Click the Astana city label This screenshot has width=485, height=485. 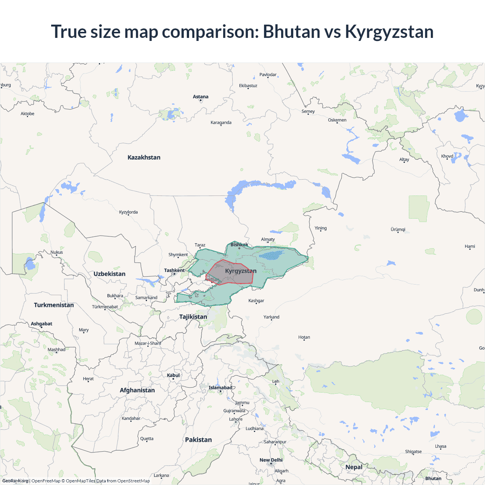(200, 97)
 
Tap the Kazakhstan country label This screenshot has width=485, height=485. (144, 157)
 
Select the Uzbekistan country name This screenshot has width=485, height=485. (110, 274)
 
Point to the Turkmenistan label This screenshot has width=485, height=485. (54, 305)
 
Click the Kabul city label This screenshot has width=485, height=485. (173, 375)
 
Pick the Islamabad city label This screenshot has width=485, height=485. (221, 388)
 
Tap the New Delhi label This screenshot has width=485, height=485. (271, 460)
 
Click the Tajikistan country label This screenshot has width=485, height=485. (193, 317)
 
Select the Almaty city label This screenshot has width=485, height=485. (268, 239)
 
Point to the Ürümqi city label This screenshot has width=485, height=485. (398, 230)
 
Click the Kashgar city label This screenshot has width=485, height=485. (256, 301)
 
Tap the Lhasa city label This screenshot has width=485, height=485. (441, 446)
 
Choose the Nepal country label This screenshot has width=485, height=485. (354, 467)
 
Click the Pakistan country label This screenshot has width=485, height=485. (199, 440)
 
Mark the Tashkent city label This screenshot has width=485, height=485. (174, 270)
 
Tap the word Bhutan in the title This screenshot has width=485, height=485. (292, 31)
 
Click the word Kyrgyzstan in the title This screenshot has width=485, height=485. (389, 31)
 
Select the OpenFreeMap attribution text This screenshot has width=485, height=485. (46, 481)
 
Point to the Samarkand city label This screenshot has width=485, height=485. (146, 297)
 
